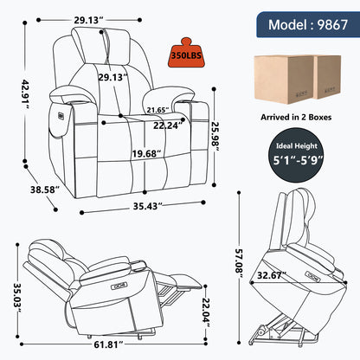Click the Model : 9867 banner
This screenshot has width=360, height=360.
point(308,24)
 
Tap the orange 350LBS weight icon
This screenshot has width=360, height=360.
point(186,53)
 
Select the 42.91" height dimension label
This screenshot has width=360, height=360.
point(26,94)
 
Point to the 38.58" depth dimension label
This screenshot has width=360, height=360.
point(45,190)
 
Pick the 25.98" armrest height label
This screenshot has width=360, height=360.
point(215,137)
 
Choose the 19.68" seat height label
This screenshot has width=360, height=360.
point(146,153)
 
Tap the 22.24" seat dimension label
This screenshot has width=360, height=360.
point(169,125)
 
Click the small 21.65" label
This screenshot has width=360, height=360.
point(157,110)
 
